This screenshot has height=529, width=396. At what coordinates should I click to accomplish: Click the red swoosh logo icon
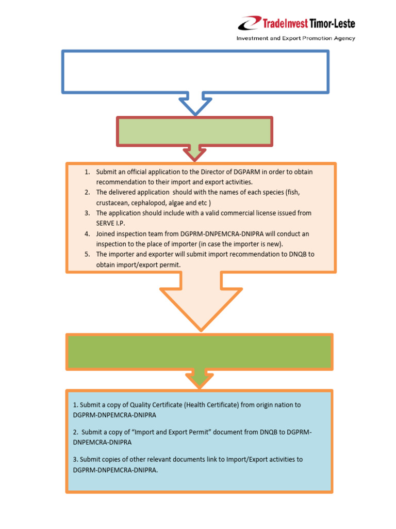pos(250,23)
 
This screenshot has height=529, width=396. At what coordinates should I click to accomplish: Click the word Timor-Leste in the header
pos(333,23)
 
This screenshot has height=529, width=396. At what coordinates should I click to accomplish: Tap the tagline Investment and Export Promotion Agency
pos(295,38)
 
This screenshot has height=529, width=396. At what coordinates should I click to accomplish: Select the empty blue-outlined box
pos(195,71)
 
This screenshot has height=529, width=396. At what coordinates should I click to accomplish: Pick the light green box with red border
pos(195,131)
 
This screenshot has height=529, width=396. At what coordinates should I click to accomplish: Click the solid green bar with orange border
pos(199,351)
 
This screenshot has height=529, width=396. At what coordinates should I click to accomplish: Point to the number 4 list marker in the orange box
pos(87,234)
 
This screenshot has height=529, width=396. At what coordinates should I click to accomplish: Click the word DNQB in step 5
pos(287,255)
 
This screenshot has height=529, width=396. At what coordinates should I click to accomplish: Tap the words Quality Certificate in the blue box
pos(158,405)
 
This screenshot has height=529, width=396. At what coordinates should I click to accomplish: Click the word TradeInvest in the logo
pos(286,23)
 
